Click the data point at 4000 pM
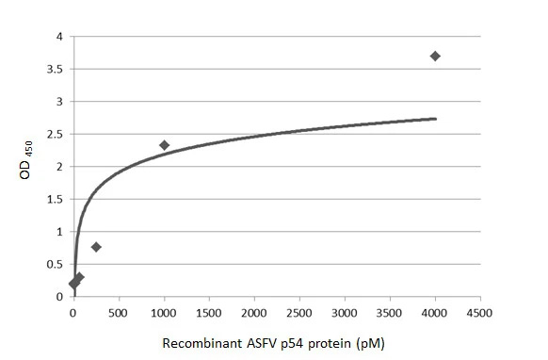pos(435,57)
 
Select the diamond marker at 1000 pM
pos(164,145)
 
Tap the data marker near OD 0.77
pos(96,247)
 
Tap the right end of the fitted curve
pos(436,119)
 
